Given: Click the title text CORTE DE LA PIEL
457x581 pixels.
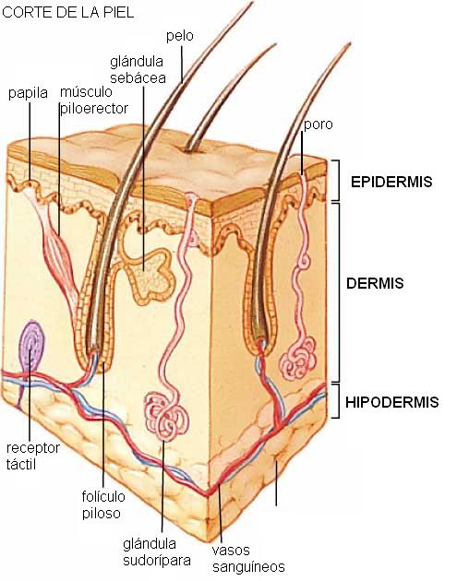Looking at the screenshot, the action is [x=68, y=13].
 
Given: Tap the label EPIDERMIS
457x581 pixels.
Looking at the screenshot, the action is [x=391, y=182].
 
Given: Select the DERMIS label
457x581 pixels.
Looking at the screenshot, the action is [x=375, y=283].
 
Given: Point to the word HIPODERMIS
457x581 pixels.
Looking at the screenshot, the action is [x=392, y=402].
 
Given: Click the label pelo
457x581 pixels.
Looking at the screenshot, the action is [x=179, y=37].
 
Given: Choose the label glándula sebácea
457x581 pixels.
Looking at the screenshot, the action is [x=138, y=70].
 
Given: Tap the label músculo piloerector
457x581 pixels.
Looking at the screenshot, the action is [x=94, y=100].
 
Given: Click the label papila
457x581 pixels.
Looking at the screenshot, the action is [x=29, y=93].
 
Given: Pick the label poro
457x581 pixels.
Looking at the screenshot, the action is [x=319, y=125].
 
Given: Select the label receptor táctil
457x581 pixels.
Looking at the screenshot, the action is [x=32, y=456].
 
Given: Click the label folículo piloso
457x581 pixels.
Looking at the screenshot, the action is [x=103, y=504].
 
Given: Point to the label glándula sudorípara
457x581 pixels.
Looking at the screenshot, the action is [x=157, y=552].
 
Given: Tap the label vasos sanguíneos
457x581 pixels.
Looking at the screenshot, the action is [x=248, y=558].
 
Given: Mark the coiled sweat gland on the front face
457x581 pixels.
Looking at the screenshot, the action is [x=166, y=416].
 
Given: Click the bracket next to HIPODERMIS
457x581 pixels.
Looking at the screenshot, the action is [x=336, y=401].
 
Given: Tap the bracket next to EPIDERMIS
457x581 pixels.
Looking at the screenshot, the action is [x=336, y=181].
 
